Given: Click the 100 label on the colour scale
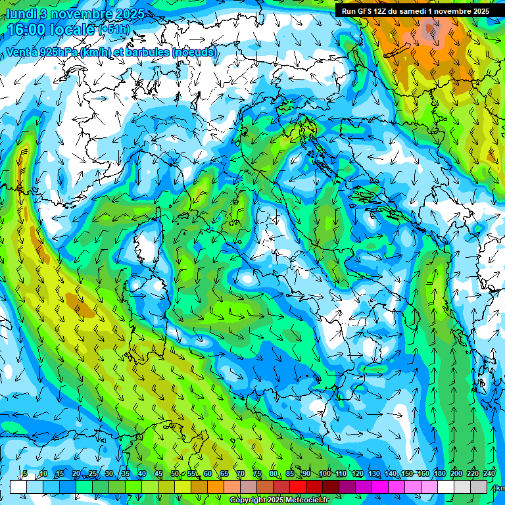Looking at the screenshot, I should [x=324, y=474].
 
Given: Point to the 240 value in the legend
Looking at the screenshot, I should [x=489, y=474].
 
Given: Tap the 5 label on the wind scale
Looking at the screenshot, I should [x=25, y=474].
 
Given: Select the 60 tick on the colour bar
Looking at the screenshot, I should [x=207, y=474].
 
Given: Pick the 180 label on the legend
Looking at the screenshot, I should [x=439, y=474].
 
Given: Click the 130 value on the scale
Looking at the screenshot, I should [x=374, y=474].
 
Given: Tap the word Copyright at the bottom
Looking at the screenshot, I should [x=247, y=500].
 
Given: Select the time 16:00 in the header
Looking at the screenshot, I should [x=31, y=30].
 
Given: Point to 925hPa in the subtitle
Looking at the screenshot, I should [x=57, y=52].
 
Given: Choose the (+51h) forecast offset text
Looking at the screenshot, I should [x=114, y=30].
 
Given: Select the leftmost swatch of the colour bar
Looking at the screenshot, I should [x=18, y=487].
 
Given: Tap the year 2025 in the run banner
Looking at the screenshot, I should [x=478, y=11].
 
